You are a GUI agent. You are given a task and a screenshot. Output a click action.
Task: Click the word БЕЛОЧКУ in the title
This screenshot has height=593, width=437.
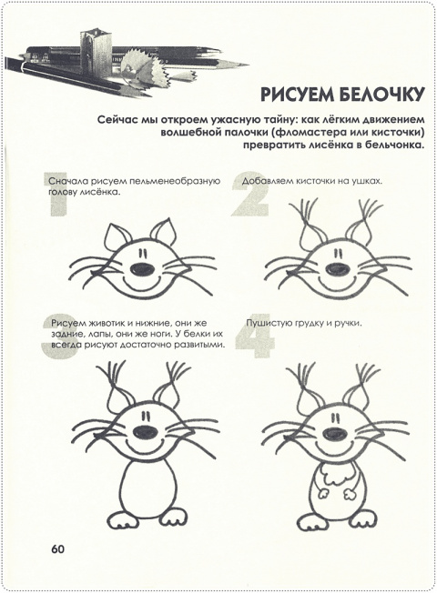pos(380,95)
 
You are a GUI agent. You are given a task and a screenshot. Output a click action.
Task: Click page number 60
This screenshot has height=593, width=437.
pos(58,548)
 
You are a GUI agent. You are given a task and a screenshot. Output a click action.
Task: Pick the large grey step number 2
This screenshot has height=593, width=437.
pos(250,195)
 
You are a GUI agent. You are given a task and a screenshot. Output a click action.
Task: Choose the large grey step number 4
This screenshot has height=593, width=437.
pos(255,336)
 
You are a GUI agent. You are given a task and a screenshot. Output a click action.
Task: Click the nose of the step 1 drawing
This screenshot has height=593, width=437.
pos(143,268)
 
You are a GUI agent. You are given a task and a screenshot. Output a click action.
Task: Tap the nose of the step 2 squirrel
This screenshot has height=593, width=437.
pos(338,268)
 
